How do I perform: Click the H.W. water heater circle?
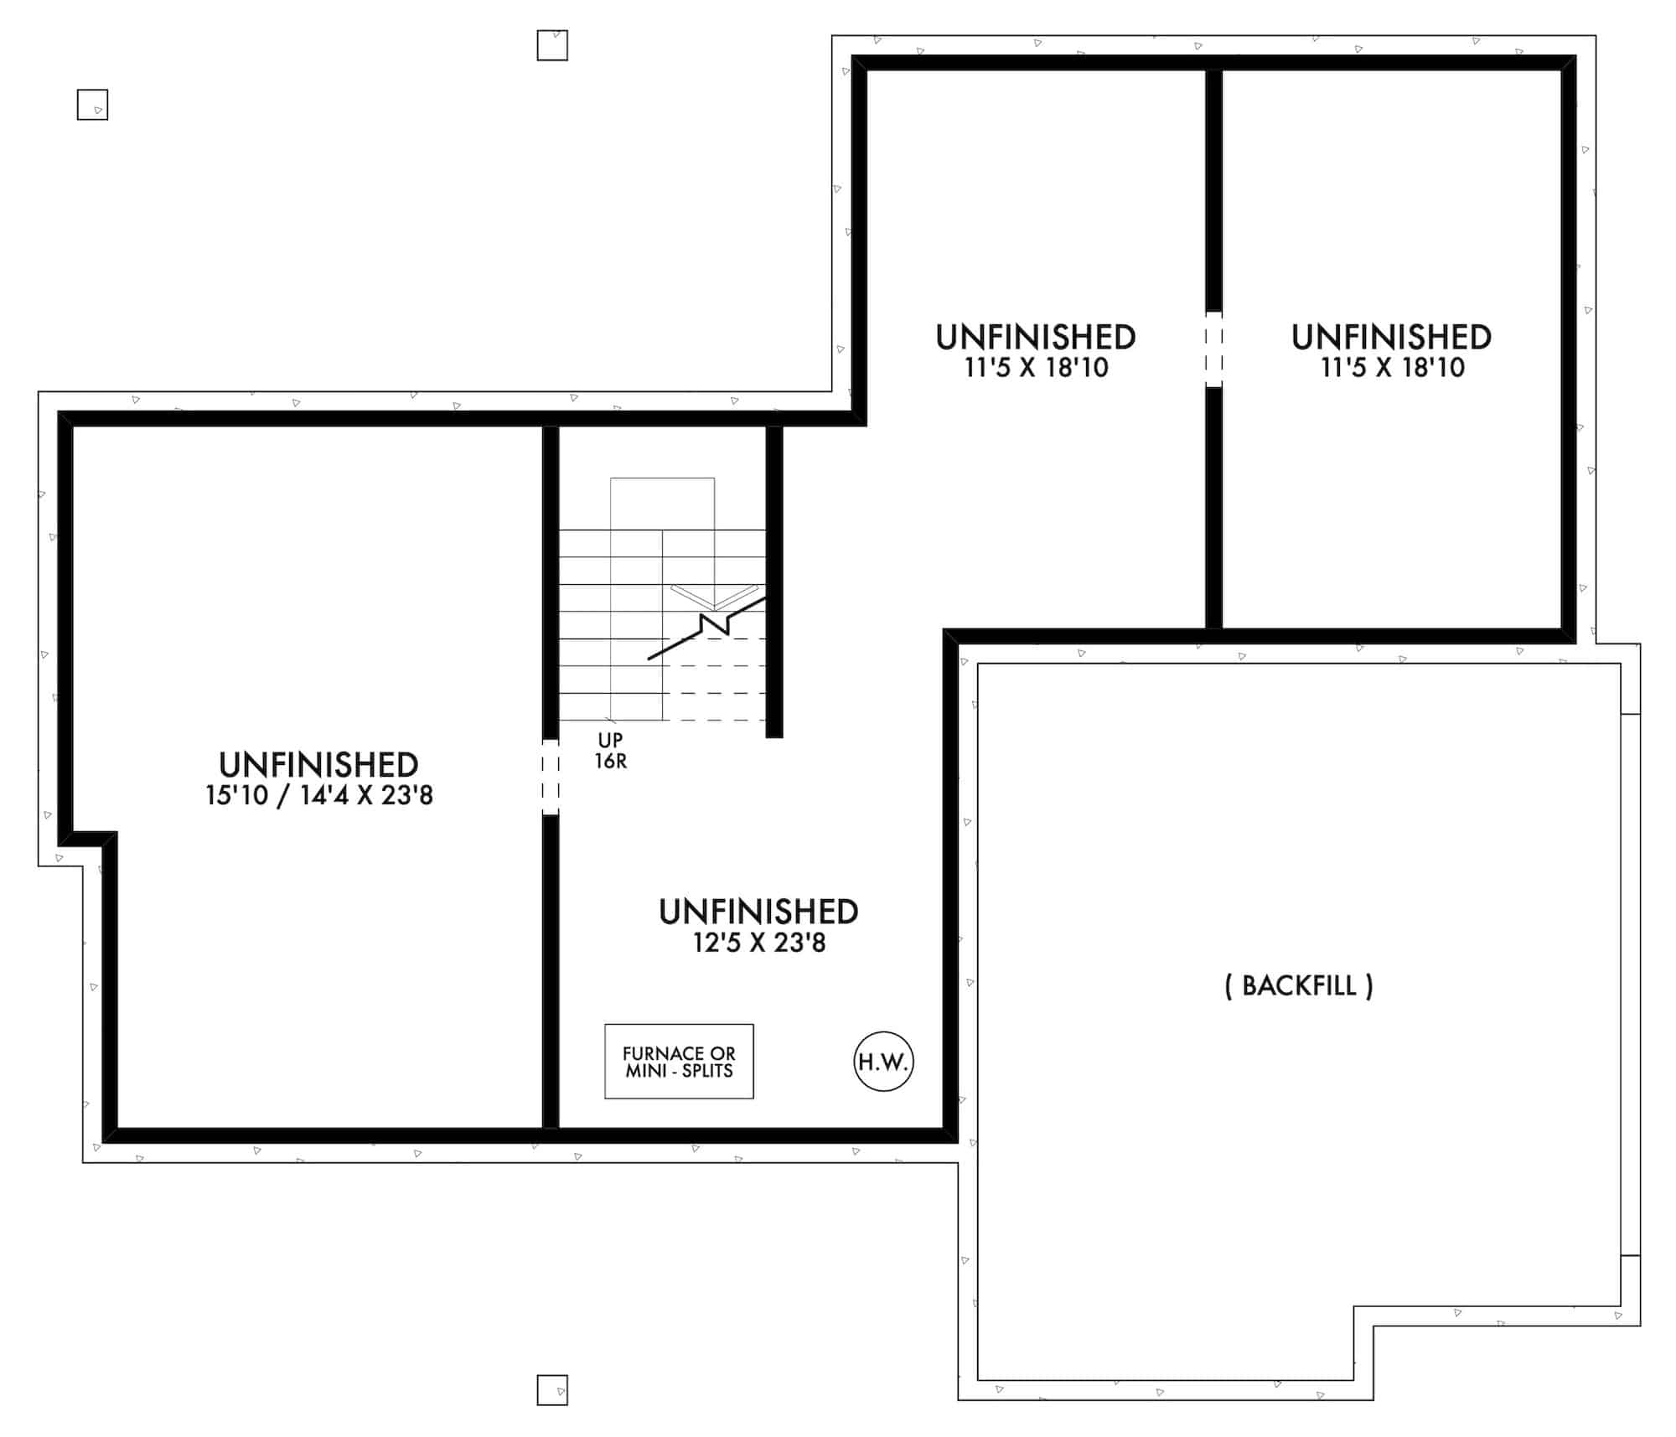coord(883,1061)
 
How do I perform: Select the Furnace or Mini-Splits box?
coord(679,1061)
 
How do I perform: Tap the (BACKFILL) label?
coord(1299,986)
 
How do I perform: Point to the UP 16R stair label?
coord(611,751)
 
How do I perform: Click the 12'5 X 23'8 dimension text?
coord(759,943)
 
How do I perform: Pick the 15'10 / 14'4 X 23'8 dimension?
coord(319,795)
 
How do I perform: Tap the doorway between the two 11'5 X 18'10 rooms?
coord(1213,349)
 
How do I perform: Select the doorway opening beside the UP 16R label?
coord(551,777)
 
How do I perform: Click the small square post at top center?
coord(552,45)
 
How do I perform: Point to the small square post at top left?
coord(92,105)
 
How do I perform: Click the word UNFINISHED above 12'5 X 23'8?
coord(758,912)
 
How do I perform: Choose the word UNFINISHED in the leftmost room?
coord(318,764)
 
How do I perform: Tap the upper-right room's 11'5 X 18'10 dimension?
coord(1393,367)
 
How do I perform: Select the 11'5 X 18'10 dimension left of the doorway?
coord(1037,367)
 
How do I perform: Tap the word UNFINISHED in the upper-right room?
coord(1391,337)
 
